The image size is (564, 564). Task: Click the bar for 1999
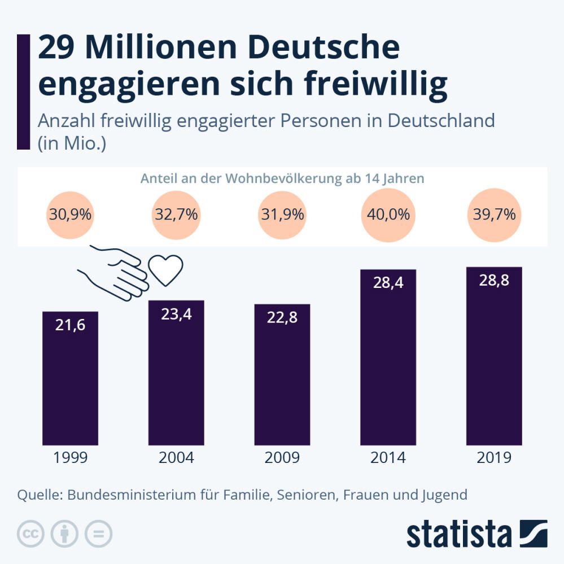71,378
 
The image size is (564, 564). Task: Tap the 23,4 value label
176,314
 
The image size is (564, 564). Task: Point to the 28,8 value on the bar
494,281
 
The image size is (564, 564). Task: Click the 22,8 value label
282,318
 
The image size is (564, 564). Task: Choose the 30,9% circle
71,215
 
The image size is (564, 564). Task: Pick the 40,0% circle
388,215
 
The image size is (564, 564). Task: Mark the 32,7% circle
176,215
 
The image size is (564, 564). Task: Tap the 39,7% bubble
494,215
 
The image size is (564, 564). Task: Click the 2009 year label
282,457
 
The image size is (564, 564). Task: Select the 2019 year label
494,457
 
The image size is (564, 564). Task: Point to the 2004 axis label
176,457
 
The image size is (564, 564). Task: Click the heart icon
166,270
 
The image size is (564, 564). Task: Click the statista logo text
459,533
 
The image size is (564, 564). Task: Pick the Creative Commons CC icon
31,534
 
